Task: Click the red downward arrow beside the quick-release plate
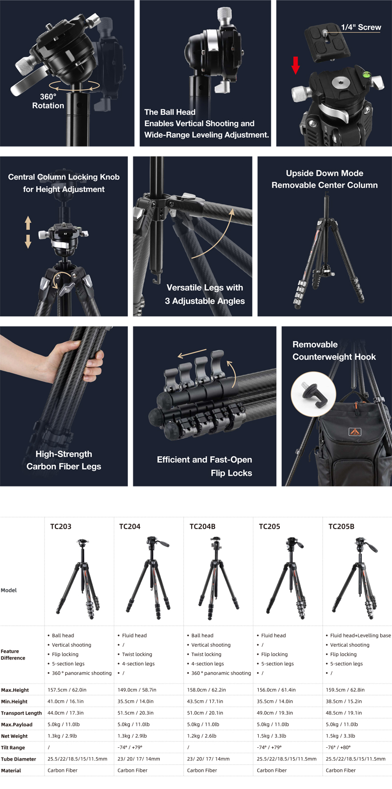(x=295, y=65)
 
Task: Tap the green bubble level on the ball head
(x=367, y=74)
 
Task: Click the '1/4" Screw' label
(x=361, y=27)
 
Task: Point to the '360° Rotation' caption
(x=48, y=101)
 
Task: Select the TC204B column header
(x=202, y=527)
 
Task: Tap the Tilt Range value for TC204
(x=130, y=747)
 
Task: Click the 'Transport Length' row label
(x=22, y=713)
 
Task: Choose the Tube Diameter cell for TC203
(x=77, y=759)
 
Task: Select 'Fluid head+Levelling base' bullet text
(x=360, y=636)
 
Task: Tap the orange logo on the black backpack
(x=354, y=432)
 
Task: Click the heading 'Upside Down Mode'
(x=324, y=173)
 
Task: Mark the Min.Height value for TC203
(x=66, y=701)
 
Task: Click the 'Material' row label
(x=11, y=770)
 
